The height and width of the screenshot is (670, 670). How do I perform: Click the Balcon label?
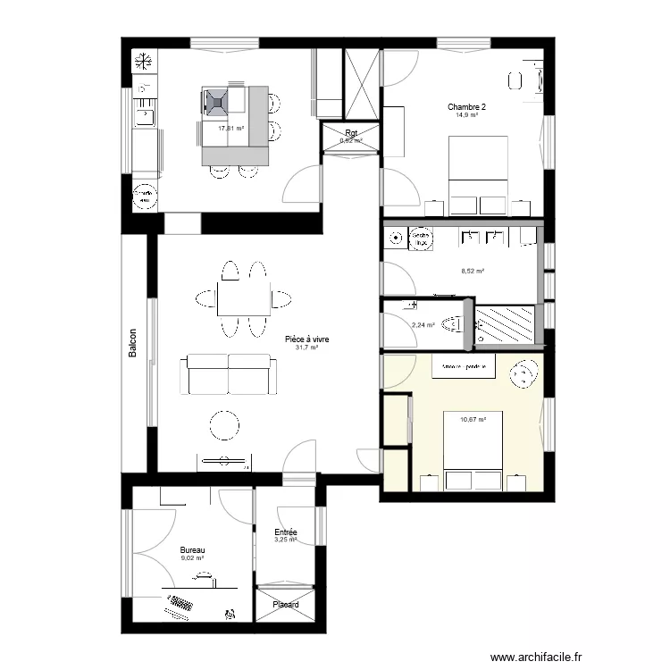point(132,348)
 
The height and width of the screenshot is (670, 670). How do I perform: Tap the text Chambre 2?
point(466,106)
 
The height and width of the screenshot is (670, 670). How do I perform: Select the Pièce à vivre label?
point(306,340)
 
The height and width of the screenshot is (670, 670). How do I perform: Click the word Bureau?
point(192,550)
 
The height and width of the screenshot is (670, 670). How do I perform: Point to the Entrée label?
point(286,532)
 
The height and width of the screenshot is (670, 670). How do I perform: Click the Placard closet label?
point(286,605)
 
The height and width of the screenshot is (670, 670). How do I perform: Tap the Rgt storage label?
point(351,134)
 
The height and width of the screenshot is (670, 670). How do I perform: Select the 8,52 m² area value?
point(472,271)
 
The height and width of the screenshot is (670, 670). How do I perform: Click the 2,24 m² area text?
point(423,325)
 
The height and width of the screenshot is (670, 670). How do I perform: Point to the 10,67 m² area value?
point(473,419)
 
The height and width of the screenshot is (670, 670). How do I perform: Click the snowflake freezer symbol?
point(141,62)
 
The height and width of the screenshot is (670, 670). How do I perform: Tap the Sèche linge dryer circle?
point(420,239)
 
